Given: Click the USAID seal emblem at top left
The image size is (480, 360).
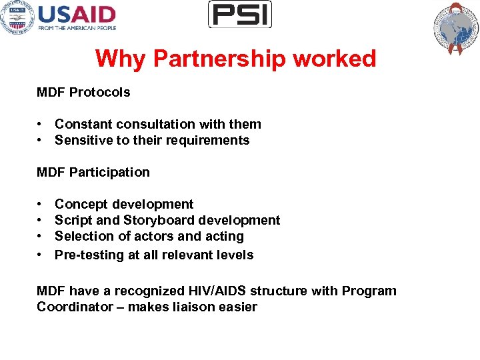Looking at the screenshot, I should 17,18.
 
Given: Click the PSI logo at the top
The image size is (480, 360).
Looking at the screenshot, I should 240,14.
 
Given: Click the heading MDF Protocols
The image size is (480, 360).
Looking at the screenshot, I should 83,92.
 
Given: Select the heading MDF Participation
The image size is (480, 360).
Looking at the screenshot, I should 93,172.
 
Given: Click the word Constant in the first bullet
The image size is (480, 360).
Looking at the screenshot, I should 81,124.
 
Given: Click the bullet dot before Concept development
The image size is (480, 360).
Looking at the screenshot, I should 41,204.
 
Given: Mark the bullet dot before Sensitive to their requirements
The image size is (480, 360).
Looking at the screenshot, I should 41,140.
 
